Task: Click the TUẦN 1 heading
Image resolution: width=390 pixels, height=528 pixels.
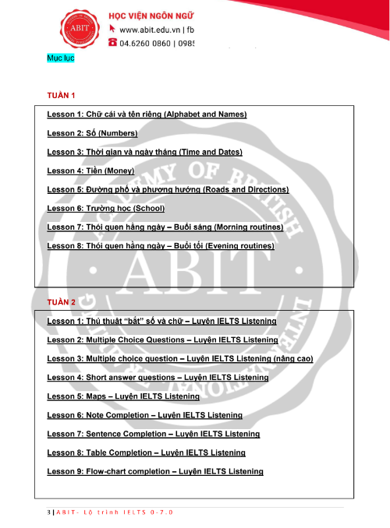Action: click(x=61, y=96)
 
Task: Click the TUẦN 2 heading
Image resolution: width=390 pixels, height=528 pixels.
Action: click(x=61, y=301)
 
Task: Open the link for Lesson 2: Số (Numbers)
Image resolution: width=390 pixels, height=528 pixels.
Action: click(x=92, y=133)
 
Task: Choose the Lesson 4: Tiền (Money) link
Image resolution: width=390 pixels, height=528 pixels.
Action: click(x=90, y=171)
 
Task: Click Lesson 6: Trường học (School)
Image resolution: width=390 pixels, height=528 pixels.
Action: click(x=102, y=209)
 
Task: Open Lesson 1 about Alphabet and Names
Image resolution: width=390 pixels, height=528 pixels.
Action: click(x=147, y=114)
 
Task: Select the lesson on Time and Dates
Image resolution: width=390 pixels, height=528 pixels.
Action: click(x=144, y=152)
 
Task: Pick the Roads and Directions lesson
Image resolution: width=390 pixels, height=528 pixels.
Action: click(x=168, y=189)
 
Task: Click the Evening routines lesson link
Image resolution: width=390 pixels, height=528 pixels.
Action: click(x=161, y=246)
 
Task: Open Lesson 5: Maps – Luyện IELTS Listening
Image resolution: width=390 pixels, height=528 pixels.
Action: click(x=122, y=396)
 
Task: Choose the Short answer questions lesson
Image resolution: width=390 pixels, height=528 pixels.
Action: click(x=158, y=378)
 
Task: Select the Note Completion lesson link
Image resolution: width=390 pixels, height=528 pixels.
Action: click(x=144, y=415)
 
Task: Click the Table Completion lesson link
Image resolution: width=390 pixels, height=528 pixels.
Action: click(x=146, y=452)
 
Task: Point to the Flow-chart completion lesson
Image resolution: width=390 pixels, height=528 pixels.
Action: click(x=155, y=472)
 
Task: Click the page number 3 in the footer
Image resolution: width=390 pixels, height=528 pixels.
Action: click(x=48, y=512)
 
